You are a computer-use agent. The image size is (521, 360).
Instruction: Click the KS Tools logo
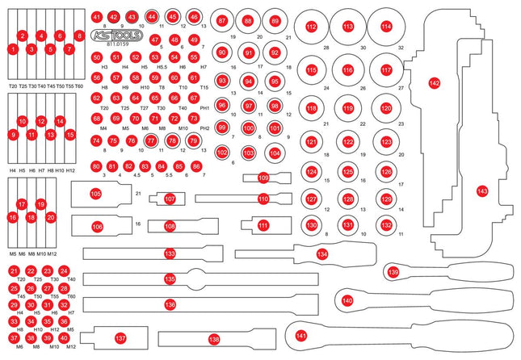point(111,38)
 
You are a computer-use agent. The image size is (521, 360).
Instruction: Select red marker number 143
point(482,190)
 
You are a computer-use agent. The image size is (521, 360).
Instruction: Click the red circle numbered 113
point(348,27)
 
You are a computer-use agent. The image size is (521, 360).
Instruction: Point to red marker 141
point(302,334)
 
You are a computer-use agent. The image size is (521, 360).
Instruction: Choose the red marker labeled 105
point(96,194)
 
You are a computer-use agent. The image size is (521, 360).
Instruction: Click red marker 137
point(120,338)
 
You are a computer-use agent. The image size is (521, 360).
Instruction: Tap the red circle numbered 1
point(13,49)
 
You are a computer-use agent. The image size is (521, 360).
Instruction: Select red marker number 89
point(275,20)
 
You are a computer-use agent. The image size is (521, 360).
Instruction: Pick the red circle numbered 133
point(170,253)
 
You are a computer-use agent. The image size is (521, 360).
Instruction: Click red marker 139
point(393,273)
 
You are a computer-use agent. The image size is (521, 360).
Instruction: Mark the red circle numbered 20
point(51,217)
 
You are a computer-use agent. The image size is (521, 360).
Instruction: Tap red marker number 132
point(387,224)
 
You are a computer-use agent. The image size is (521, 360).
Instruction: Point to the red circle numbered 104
point(275,153)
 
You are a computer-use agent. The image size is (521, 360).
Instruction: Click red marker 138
point(214,339)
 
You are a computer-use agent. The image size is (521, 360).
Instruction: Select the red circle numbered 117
point(387,71)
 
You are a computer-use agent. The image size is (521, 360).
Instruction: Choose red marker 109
point(263,178)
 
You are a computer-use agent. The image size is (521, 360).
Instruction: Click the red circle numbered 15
point(70,135)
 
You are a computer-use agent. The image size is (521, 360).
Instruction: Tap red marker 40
point(70,338)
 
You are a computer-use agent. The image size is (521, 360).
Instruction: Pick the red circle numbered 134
point(322,253)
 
